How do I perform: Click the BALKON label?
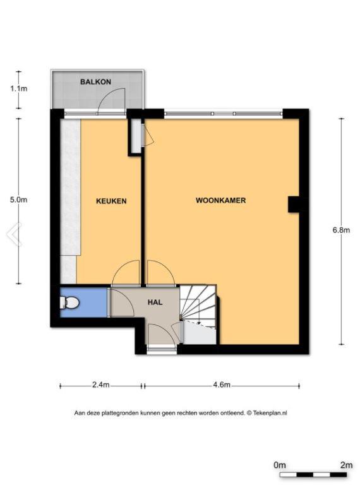coord(95,82)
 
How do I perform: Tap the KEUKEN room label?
coord(111,201)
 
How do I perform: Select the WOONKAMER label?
coord(220,200)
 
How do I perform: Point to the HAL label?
coord(155,302)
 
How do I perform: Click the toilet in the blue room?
coord(70,302)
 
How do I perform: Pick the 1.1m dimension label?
coord(19,88)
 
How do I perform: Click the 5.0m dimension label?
coord(19,200)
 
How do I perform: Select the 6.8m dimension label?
coord(341,230)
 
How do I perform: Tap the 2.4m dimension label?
coord(100,385)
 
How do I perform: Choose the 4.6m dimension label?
coord(222,385)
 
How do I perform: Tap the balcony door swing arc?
coord(112,100)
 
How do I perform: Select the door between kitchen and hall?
coord(126,273)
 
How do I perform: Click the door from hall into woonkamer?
coord(160,273)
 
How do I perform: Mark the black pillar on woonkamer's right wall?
coord(293,205)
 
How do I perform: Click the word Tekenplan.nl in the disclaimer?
coord(270,413)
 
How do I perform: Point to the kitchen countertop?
coord(70,201)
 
